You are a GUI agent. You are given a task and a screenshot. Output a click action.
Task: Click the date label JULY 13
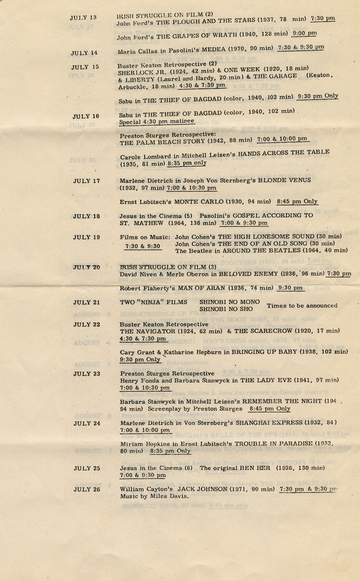83,18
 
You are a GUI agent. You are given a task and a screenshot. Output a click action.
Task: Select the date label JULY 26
87,490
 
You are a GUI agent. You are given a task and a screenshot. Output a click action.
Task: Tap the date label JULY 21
86,303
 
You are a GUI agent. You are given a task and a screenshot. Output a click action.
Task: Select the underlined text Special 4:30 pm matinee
156,122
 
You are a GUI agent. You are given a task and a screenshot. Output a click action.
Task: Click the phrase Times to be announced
302,306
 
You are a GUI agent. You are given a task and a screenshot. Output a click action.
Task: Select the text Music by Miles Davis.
154,497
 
